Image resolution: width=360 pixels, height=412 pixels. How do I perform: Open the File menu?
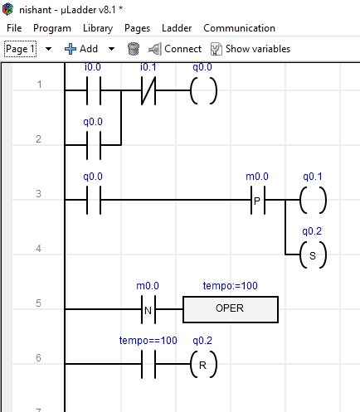pyautogui.click(x=14, y=28)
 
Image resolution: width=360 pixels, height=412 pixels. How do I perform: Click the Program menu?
pyautogui.click(x=52, y=28)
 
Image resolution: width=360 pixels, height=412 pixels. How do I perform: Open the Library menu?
pyautogui.click(x=98, y=28)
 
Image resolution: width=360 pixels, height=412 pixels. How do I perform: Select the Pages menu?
pyautogui.click(x=137, y=28)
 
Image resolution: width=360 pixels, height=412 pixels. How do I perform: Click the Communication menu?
pyautogui.click(x=239, y=28)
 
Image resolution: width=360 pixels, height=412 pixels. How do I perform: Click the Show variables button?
pyautogui.click(x=251, y=49)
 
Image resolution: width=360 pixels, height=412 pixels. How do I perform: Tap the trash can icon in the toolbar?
pyautogui.click(x=134, y=49)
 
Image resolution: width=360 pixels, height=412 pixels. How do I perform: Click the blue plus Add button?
pyautogui.click(x=81, y=49)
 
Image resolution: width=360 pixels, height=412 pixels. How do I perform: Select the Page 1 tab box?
pyautogui.click(x=20, y=49)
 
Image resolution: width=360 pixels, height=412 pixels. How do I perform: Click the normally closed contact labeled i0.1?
pyautogui.click(x=148, y=90)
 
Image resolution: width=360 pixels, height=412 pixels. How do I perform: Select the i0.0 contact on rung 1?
pyautogui.click(x=94, y=90)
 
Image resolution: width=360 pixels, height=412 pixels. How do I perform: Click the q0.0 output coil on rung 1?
pyautogui.click(x=203, y=90)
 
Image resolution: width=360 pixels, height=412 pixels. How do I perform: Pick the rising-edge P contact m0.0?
pyautogui.click(x=258, y=200)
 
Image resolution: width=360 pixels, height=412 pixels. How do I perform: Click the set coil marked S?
pyautogui.click(x=313, y=254)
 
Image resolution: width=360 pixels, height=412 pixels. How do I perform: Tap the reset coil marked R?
pyautogui.click(x=203, y=364)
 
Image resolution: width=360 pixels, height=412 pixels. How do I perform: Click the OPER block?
pyautogui.click(x=231, y=309)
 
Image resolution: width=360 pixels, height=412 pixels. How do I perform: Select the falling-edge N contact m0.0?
pyautogui.click(x=148, y=309)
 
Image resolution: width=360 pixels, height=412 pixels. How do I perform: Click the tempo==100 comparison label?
pyautogui.click(x=148, y=341)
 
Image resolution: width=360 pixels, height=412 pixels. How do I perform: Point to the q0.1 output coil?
pyautogui.click(x=313, y=200)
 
